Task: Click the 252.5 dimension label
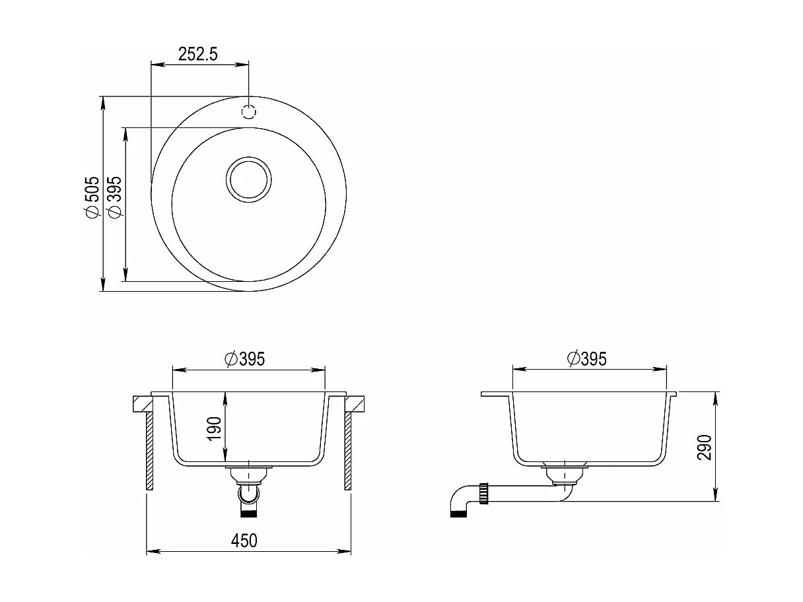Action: (x=198, y=54)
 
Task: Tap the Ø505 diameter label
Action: (x=91, y=198)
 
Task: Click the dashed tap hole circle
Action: (x=249, y=112)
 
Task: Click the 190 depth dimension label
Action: (x=215, y=429)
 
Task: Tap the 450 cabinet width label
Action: (x=244, y=541)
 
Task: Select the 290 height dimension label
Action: (x=705, y=447)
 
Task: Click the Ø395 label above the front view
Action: (x=244, y=359)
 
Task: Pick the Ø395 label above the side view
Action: (x=587, y=358)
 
